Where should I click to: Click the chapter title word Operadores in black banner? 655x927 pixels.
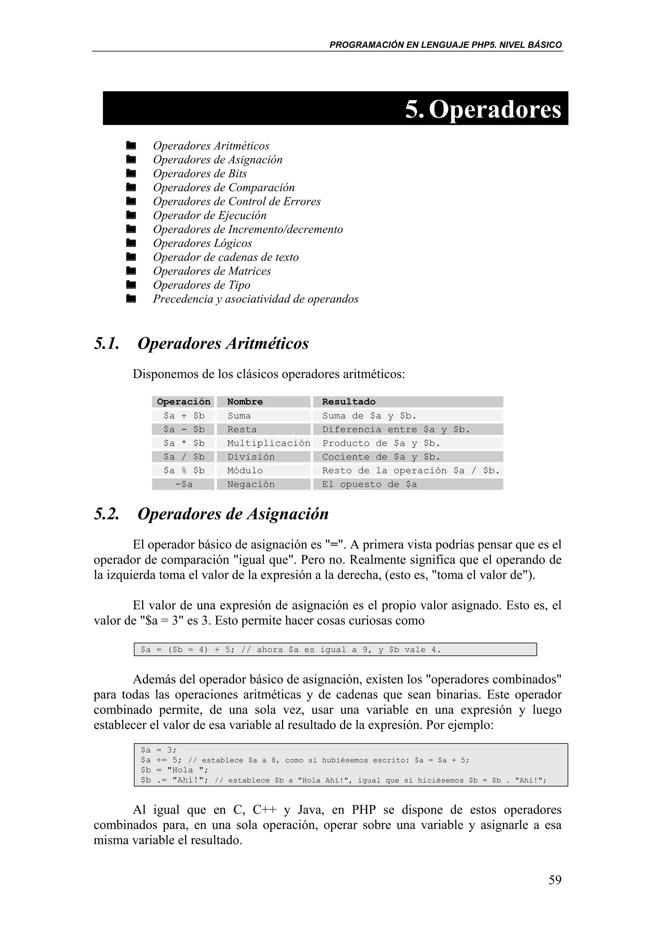tap(495, 109)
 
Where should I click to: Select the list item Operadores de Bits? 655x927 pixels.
tap(200, 174)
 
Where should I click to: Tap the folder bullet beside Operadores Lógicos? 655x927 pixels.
tap(130, 243)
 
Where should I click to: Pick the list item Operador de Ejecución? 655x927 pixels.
tap(209, 215)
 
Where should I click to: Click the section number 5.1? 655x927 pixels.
tap(107, 344)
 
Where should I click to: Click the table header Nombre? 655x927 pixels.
tap(245, 402)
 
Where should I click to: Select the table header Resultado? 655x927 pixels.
tap(348, 402)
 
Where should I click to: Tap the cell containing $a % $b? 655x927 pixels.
tap(184, 470)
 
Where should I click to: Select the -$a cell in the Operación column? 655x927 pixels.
tap(184, 484)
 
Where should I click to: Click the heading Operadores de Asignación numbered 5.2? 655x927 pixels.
tap(233, 514)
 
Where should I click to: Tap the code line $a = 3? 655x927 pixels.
tap(159, 750)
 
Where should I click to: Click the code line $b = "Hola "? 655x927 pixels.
tap(174, 770)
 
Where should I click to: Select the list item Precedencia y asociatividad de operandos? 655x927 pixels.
tap(256, 299)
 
